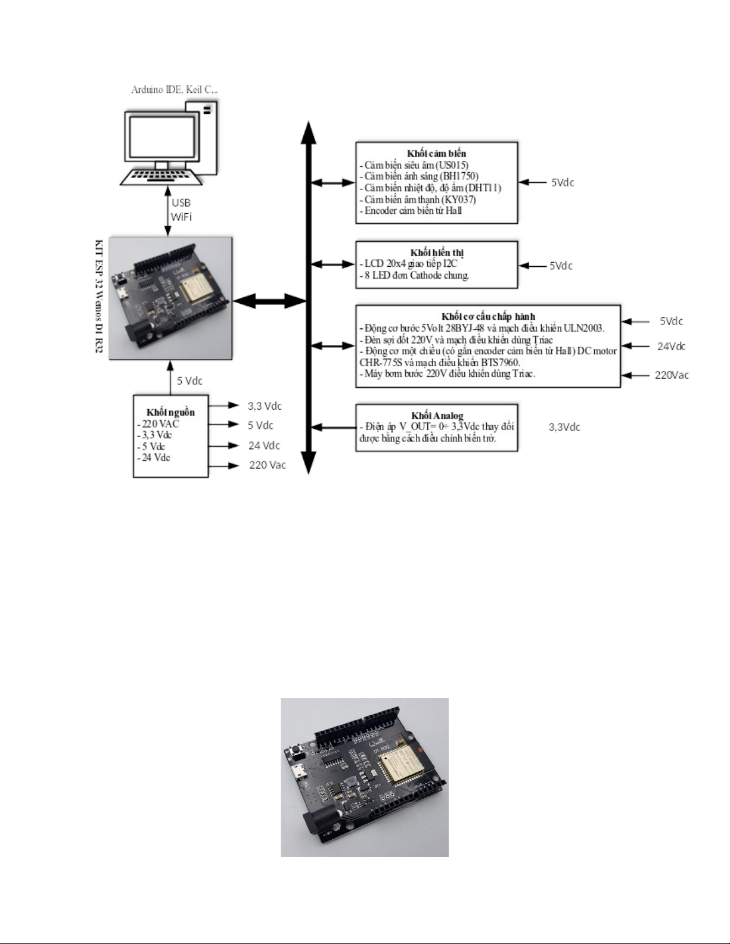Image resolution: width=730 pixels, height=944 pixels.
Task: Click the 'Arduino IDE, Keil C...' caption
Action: tap(174, 89)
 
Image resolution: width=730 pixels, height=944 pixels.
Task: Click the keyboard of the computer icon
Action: tap(161, 177)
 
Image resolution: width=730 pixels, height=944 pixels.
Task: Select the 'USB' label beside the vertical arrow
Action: tap(181, 202)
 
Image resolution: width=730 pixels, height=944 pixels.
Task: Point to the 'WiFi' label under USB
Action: tap(181, 217)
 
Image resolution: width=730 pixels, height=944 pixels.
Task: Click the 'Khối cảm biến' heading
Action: tap(436, 153)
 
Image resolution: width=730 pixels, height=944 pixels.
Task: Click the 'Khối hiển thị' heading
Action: tap(437, 253)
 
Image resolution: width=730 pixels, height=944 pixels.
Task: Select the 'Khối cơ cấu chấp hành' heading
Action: tap(488, 316)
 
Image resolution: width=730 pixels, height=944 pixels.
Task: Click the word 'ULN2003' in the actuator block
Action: tap(583, 328)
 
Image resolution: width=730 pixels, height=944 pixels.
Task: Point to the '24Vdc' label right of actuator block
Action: tap(671, 346)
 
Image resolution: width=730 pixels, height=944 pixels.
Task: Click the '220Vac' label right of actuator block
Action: tap(672, 375)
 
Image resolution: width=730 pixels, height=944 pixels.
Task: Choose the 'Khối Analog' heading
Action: tap(437, 415)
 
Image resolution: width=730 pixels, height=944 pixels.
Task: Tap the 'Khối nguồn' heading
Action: tap(170, 412)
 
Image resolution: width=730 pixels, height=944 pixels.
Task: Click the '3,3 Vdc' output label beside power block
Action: tap(265, 406)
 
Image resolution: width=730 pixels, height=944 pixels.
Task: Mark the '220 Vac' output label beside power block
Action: tap(267, 465)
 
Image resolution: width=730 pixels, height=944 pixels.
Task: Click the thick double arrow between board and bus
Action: tap(270, 301)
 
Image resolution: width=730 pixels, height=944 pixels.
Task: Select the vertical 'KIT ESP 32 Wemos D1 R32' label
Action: tap(99, 296)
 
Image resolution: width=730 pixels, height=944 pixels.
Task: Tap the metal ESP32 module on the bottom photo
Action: tap(402, 769)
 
